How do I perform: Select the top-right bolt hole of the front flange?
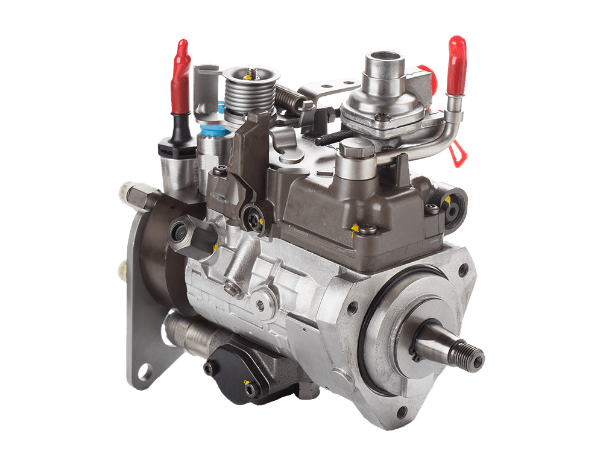[463, 269]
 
